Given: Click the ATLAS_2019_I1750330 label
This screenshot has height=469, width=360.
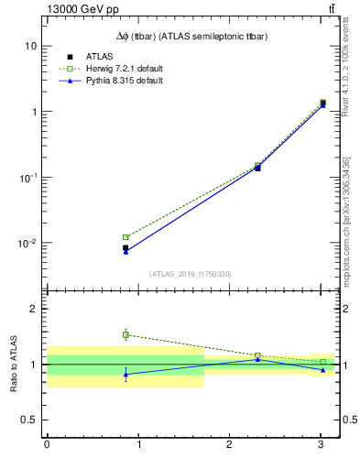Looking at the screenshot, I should pos(191,274).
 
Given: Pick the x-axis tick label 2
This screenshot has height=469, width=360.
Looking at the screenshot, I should pos(229,445).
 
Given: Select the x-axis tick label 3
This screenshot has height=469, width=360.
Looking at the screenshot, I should pos(321,445).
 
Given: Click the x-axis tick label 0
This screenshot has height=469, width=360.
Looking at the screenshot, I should pos(47,445).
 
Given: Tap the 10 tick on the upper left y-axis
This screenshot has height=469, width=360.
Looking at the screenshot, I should pos(30,46).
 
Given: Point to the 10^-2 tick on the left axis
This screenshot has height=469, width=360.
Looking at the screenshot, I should pos(27,244).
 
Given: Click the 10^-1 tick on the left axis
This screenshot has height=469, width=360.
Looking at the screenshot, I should pos(27,178).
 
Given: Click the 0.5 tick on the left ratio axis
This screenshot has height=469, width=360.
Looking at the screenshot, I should pos(30,420).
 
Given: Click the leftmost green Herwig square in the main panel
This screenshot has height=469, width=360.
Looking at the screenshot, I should pos(125,237).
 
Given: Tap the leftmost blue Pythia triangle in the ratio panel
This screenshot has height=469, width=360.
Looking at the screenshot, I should pos(125,374).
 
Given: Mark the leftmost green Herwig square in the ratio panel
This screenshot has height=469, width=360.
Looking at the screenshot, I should pos(125,334).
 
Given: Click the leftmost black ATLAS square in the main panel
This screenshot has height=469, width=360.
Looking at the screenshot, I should pos(125,247).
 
